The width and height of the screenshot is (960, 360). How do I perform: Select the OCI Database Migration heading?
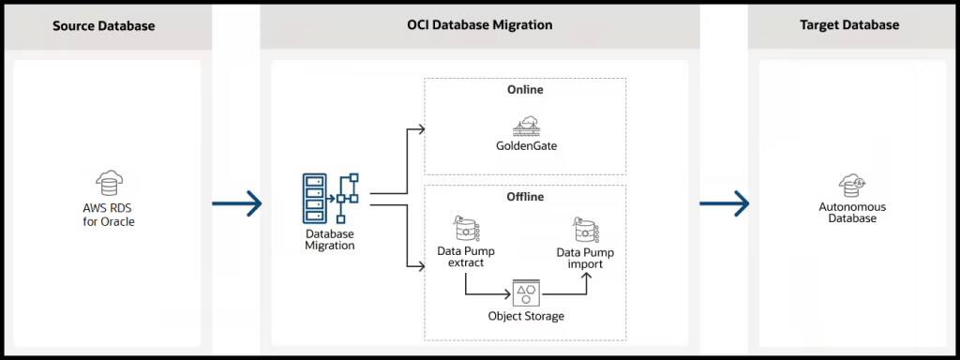click(x=479, y=24)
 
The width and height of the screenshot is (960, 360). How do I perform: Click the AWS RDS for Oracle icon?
click(x=109, y=183)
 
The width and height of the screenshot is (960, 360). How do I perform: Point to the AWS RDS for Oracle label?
click(x=109, y=215)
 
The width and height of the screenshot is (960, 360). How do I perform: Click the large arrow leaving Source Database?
click(x=236, y=202)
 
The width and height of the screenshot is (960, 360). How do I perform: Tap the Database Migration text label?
click(x=329, y=239)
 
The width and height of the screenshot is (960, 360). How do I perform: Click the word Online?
click(x=525, y=90)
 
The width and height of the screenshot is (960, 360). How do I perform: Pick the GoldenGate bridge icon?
click(x=525, y=126)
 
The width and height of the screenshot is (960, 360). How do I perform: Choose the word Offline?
click(x=525, y=197)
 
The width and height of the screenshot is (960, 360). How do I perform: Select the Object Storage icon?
click(x=526, y=292)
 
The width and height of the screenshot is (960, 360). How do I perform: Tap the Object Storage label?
click(x=526, y=316)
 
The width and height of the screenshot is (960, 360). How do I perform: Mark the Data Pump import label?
click(x=586, y=258)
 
